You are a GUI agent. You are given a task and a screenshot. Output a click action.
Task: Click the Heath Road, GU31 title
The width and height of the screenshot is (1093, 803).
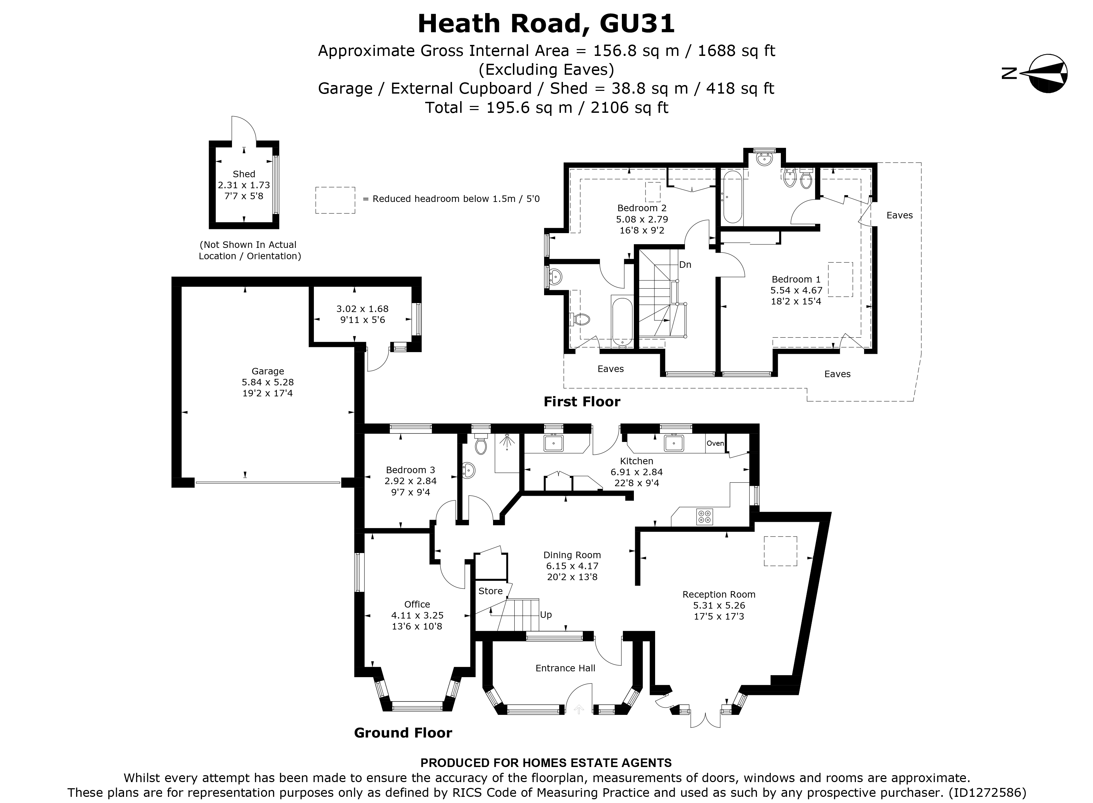coord(546,24)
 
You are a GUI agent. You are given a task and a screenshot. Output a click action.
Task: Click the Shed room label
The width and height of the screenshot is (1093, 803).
coord(244,174)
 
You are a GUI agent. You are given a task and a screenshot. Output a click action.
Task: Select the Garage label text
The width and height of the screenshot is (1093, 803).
coord(268,371)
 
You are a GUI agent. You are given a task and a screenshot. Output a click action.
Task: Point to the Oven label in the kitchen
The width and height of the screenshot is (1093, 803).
coord(715,443)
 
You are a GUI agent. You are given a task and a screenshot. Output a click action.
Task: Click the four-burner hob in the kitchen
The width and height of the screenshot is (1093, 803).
coord(704,516)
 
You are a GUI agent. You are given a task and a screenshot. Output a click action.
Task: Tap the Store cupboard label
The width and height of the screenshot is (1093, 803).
coord(490,591)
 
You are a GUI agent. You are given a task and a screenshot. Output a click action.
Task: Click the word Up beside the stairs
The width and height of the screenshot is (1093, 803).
coord(546,615)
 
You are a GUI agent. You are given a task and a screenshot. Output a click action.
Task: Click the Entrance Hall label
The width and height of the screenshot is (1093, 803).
coord(565,668)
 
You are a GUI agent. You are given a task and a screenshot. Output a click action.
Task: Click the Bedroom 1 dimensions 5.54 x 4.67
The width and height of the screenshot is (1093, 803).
coord(796,290)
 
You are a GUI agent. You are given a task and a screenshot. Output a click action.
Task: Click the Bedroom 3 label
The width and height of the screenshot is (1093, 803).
coord(410,470)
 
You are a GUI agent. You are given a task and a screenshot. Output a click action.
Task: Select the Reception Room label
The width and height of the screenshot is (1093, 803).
coord(719,595)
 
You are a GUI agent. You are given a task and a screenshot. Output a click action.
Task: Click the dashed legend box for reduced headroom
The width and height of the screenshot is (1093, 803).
coord(335,200)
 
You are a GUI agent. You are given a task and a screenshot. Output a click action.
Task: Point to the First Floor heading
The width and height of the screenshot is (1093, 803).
coord(581,401)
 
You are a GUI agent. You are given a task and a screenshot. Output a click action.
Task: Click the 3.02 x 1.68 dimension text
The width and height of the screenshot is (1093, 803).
coord(363,309)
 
